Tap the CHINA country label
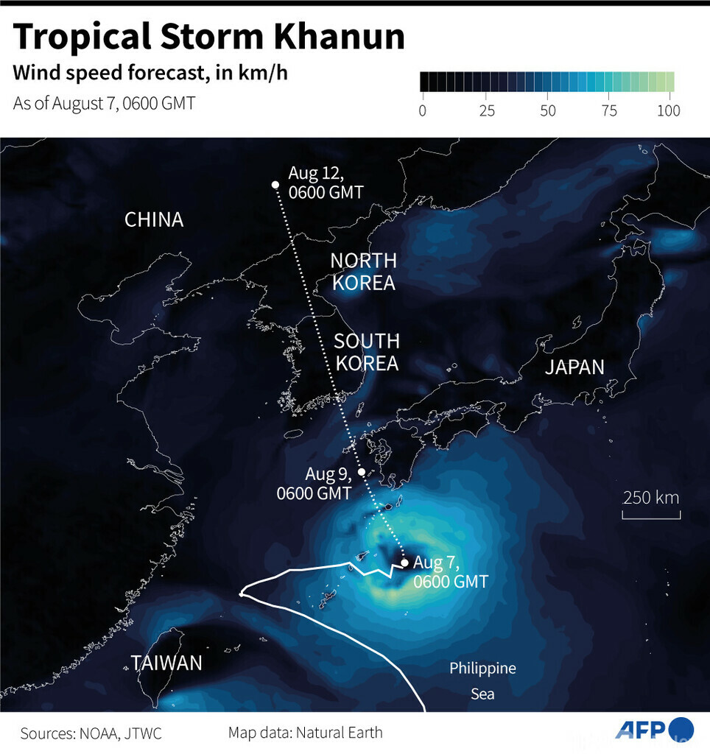tap(154, 219)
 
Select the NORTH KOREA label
tap(363, 272)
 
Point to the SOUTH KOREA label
tap(366, 352)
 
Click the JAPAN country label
tap(574, 367)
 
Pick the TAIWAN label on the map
tap(166, 663)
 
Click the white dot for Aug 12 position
tap(275, 184)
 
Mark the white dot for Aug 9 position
tap(362, 472)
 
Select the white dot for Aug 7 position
tap(404, 563)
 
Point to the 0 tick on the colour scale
tap(422, 111)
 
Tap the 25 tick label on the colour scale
tap(485, 111)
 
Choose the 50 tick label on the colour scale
tap(547, 111)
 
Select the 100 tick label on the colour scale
tap(668, 111)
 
